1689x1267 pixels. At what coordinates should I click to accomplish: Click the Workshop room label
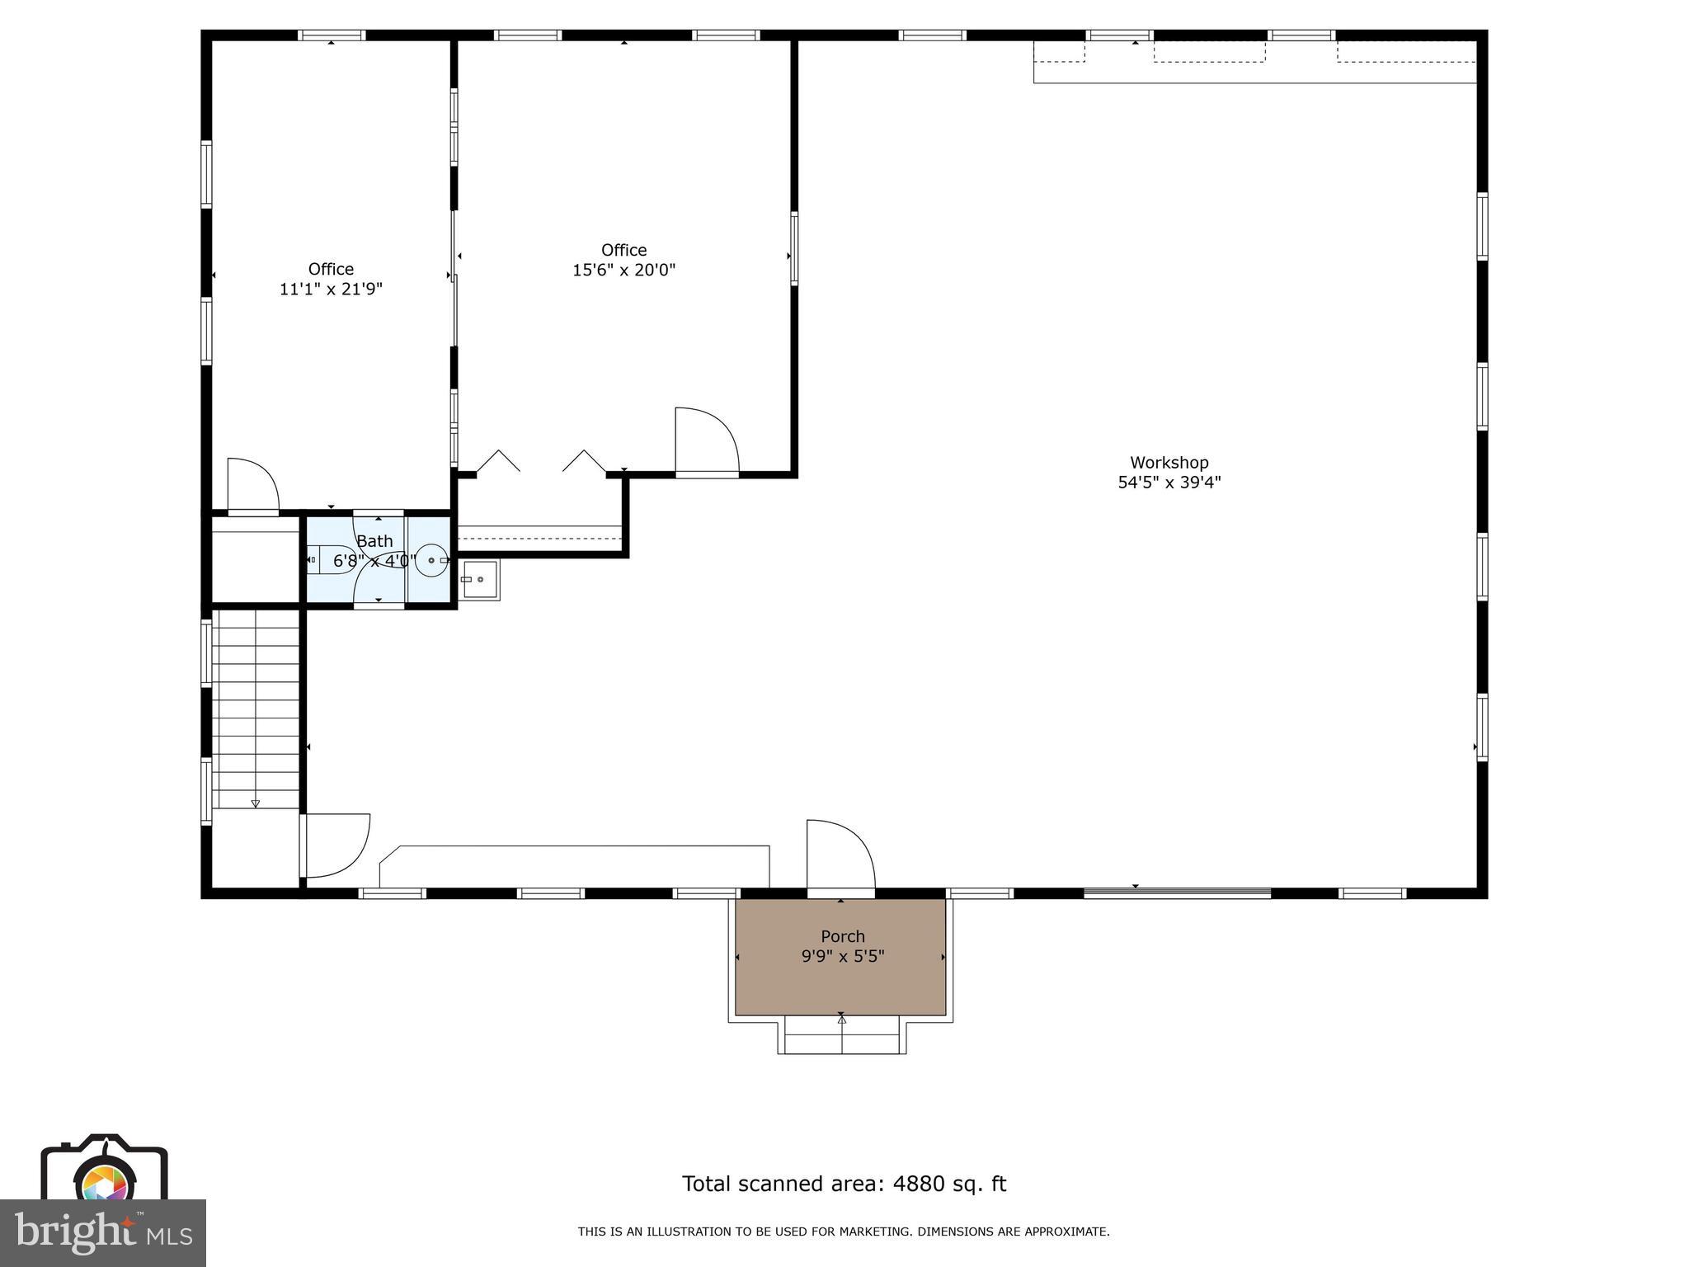1169,463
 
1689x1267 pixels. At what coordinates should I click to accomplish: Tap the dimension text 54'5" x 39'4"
1169,483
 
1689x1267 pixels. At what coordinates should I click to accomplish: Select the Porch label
842,936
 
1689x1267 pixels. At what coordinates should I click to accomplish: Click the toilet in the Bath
332,559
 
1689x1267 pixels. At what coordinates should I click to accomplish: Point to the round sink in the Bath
430,560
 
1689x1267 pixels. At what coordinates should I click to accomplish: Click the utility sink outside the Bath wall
480,579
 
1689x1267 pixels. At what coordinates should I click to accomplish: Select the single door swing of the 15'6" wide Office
706,441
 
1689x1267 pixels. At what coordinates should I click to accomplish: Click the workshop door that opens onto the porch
840,858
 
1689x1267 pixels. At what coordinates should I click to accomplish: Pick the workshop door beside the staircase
336,845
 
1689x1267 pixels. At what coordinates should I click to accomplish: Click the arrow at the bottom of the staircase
256,803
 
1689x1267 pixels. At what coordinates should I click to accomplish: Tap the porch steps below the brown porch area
842,1036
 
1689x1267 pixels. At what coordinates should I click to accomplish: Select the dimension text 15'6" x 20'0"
624,270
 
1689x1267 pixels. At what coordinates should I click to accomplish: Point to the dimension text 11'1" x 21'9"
331,290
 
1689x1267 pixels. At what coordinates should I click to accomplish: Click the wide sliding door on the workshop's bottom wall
1177,893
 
